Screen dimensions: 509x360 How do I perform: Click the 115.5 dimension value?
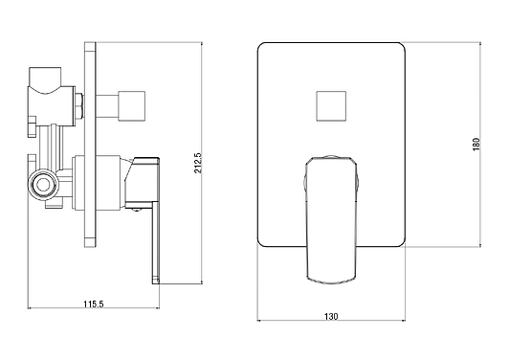93,304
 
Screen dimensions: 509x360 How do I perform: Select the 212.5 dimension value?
198,163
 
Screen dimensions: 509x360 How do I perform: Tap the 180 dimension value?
476,145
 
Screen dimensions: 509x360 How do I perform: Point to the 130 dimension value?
331,316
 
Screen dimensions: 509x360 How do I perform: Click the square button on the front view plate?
331,106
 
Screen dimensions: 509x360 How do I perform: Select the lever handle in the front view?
331,220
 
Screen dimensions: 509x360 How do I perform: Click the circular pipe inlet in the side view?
42,185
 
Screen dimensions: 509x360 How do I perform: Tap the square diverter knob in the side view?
131,106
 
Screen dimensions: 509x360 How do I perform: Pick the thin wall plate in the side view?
90,145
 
